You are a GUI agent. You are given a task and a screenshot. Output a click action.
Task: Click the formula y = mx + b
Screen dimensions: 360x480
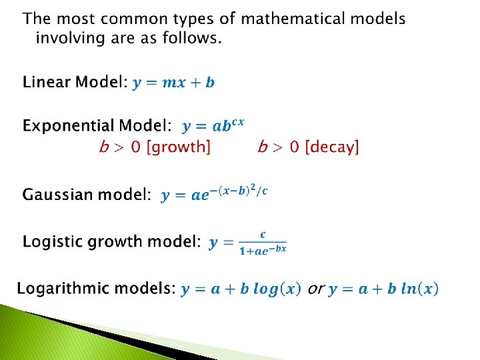[173, 83]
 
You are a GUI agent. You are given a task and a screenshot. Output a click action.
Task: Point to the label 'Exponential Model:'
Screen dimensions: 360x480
[97, 126]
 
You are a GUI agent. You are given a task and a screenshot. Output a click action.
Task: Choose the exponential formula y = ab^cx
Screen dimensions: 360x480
[213, 125]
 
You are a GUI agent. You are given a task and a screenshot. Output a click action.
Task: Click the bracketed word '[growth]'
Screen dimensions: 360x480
[177, 147]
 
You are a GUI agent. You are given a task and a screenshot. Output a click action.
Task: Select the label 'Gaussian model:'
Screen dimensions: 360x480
[87, 195]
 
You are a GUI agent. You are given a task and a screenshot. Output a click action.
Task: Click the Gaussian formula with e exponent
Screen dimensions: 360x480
[213, 194]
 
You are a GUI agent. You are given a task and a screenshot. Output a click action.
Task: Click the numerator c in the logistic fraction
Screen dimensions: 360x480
[263, 234]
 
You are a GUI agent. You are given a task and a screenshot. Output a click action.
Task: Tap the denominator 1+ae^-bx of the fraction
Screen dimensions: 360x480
[262, 250]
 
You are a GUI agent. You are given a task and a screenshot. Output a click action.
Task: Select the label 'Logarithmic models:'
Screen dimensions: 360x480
[96, 289]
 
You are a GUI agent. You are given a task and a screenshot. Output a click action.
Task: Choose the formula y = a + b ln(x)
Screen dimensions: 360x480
[383, 289]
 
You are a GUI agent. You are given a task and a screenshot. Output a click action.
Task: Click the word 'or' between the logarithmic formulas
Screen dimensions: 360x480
[316, 289]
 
